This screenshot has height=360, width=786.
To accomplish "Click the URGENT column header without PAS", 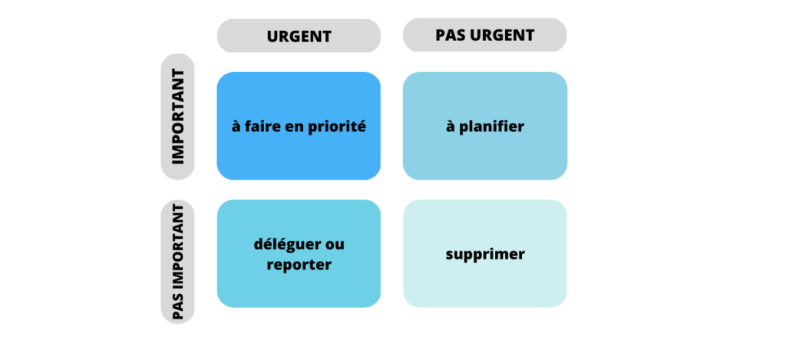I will point(299,36).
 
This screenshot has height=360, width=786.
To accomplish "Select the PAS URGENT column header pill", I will point(484,35).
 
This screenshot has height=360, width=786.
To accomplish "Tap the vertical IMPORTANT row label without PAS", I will point(177,117).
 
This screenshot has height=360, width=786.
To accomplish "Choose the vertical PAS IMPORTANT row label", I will point(177,262).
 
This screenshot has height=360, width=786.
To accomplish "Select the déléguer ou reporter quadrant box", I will point(299,253).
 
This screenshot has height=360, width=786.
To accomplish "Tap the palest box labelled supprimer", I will point(484,253).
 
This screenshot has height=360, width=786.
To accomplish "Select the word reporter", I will point(299,265).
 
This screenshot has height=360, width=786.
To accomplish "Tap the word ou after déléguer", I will point(335,245).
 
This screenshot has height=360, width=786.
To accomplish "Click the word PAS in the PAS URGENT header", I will point(451,35).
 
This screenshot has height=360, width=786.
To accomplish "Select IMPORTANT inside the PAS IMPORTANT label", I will point(177,247).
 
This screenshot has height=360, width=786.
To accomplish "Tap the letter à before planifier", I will point(450,127).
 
